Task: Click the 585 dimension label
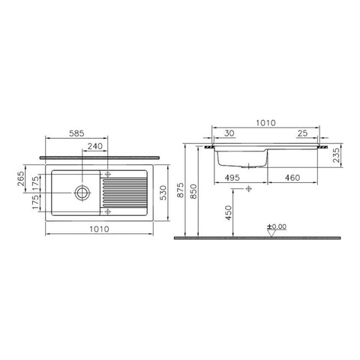[x=76, y=133]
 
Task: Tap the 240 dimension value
[x=95, y=146]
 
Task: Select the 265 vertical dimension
[x=21, y=178]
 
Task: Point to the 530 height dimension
[x=163, y=193]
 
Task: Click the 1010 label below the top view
[x=99, y=229]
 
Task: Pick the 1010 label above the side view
[x=265, y=123]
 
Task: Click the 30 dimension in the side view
[x=229, y=133]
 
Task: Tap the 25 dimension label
[x=302, y=133]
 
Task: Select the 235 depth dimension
[x=337, y=155]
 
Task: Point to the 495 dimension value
[x=232, y=178]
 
